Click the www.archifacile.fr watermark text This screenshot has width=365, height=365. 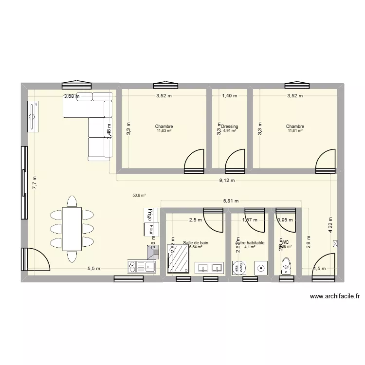click(x=334, y=296)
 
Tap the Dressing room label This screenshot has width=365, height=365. click(x=229, y=127)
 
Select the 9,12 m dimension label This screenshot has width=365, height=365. click(x=226, y=181)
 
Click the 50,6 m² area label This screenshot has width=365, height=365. click(x=139, y=196)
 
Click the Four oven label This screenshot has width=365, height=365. click(x=151, y=229)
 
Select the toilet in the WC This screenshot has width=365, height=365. click(x=286, y=266)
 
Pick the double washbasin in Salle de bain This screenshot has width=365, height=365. click(x=210, y=268)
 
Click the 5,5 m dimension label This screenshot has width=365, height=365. click(x=94, y=269)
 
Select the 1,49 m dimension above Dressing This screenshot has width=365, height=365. click(x=229, y=96)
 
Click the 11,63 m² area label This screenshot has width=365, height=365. click(x=165, y=131)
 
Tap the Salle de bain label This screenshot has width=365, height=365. click(x=196, y=242)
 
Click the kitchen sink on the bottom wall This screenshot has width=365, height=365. click(x=147, y=266)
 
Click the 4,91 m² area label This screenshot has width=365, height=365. click(x=229, y=131)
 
